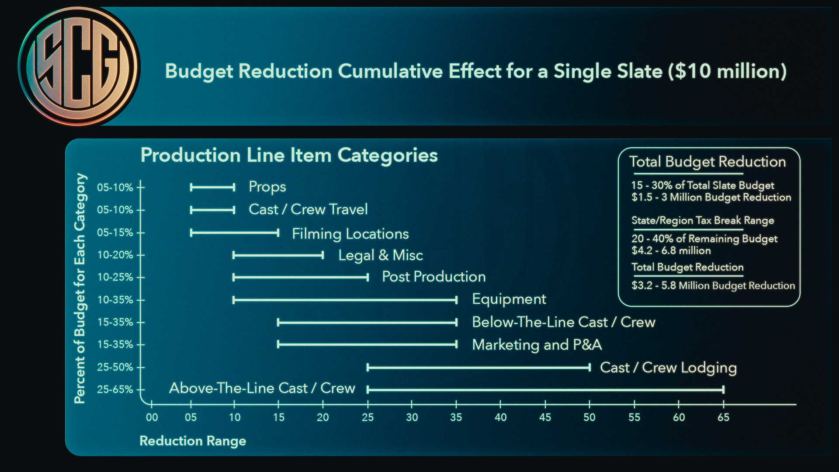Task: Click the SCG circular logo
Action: click(79, 66)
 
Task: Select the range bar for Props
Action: click(212, 187)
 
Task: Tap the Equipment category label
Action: click(509, 299)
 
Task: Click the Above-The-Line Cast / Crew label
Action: click(262, 388)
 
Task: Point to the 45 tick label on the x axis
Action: click(545, 417)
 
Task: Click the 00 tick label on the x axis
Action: click(152, 417)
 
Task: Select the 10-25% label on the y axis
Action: click(115, 277)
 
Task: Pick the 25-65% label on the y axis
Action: click(115, 389)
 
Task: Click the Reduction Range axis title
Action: click(193, 441)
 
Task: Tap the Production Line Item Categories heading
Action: click(289, 155)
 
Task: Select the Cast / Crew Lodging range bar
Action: click(478, 367)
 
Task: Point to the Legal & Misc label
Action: click(381, 255)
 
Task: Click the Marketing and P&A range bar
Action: click(367, 344)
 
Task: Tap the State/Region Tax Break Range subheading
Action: click(702, 220)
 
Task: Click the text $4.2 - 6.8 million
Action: click(671, 251)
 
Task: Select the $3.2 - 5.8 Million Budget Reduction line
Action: click(713, 286)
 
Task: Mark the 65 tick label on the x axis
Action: click(723, 417)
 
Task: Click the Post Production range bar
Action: click(301, 277)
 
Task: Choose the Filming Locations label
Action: click(350, 234)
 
